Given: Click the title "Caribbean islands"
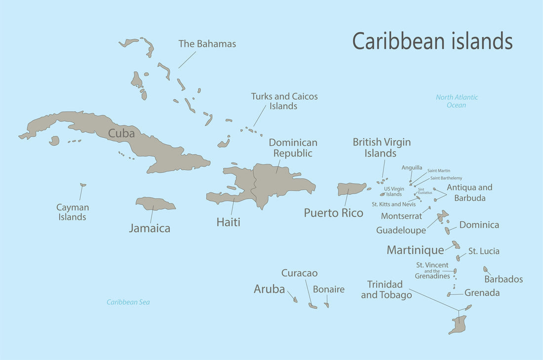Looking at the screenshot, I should point(432,41).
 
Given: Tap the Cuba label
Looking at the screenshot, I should point(121,133).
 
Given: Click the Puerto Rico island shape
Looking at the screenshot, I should point(351,189).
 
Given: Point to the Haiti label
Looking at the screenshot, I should point(228,222).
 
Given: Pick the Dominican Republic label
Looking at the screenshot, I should point(293,148).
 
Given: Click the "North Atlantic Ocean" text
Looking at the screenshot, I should point(457,101).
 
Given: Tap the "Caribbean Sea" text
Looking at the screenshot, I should point(128,302).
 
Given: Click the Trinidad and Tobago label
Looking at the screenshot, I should point(386,290).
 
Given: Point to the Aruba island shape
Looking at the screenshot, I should point(295,299).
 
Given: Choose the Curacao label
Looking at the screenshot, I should point(299,273).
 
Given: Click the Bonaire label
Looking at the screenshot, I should point(328,289).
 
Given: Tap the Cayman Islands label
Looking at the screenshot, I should point(72,212).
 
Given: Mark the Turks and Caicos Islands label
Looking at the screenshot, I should point(284,101).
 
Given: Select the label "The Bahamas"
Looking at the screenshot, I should point(207,44).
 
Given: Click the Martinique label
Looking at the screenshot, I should point(415,250).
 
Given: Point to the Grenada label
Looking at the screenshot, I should point(482,293).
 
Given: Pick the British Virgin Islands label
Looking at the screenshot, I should point(381,148).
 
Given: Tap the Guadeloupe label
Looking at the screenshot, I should point(401,230).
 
